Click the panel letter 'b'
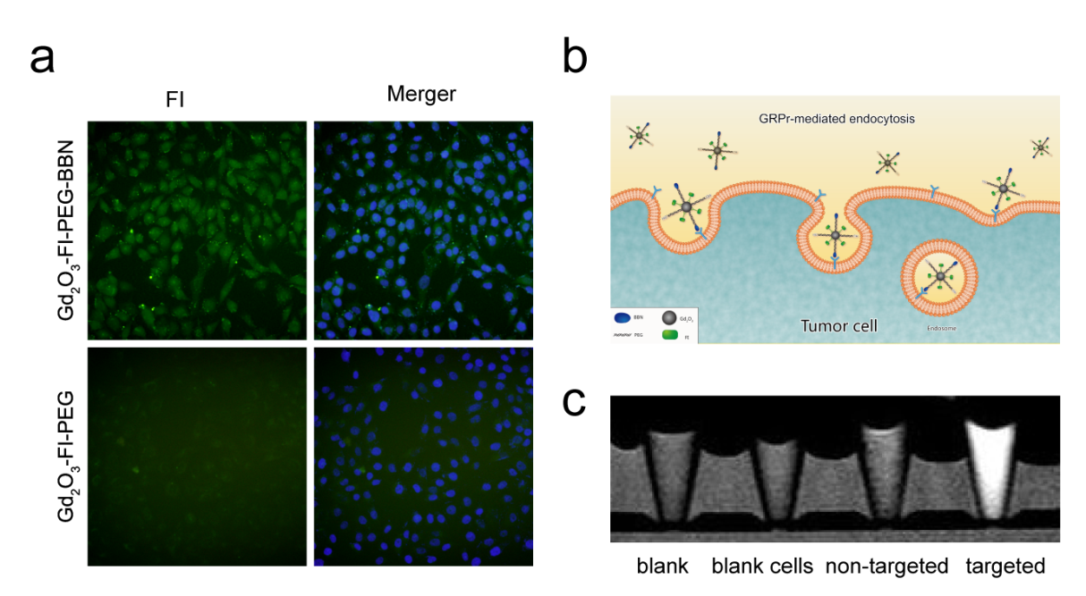coord(575,58)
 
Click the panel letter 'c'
coord(574,402)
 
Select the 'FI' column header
coord(175,98)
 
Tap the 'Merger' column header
coord(421,94)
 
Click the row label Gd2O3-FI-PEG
coord(68,457)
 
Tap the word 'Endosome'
coord(941,329)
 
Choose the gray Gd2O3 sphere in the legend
coord(667,316)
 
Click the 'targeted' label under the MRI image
coord(1005,566)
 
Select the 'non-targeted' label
coord(887,566)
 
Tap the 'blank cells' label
coord(762,566)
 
